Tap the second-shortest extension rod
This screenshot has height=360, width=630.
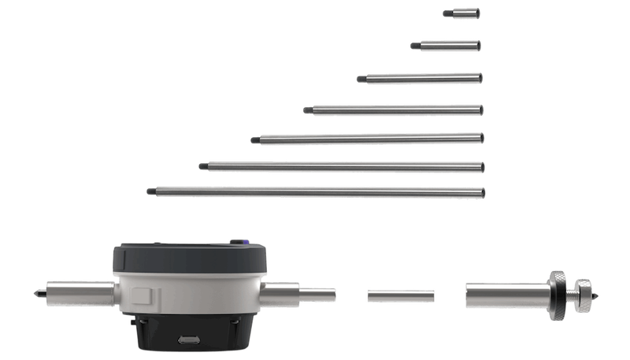coord(448,46)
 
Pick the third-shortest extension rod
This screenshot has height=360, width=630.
coord(422,78)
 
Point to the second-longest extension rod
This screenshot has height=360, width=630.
coord(343,166)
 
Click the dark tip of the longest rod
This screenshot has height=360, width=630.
coord(150,190)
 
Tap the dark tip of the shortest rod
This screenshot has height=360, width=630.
coord(446,13)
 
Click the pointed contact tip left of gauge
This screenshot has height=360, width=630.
coord(35,294)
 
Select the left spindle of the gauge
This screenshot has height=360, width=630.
coord(75,293)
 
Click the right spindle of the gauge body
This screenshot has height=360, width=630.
coord(299,293)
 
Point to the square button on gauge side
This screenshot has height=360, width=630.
coord(142,298)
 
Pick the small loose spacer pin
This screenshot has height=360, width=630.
coord(401,295)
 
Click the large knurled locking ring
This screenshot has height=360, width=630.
coord(556,295)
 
